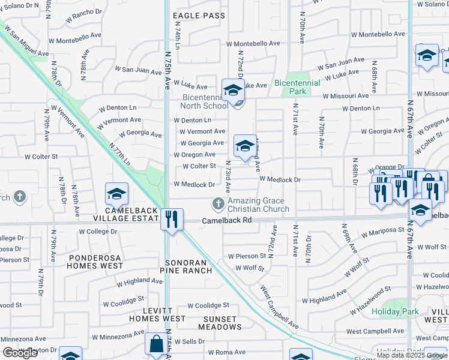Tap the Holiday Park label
(x=395, y=312)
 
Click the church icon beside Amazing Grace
(x=218, y=205)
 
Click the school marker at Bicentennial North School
(x=233, y=91)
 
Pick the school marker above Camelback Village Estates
(x=116, y=194)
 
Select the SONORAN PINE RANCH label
(x=189, y=266)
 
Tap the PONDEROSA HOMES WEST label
(x=95, y=260)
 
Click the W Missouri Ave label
(x=345, y=96)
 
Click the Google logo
(x=20, y=353)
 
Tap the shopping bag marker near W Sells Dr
(x=155, y=345)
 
